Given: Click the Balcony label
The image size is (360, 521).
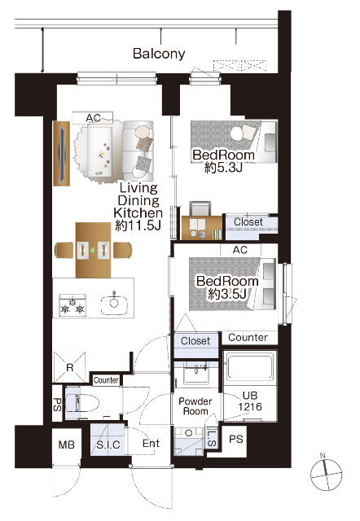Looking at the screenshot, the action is [x=159, y=54].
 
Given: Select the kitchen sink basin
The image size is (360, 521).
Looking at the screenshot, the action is [x=114, y=304].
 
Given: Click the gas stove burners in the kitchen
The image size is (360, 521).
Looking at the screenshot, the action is [x=72, y=305].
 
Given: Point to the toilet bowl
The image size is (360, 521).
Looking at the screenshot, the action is [x=82, y=404].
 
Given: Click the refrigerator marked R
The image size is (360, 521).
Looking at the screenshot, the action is [x=69, y=367].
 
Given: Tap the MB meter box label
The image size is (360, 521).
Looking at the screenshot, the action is [x=67, y=444].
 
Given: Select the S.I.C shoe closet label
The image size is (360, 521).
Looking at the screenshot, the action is [x=108, y=445].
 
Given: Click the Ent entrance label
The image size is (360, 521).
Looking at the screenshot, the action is [x=151, y=443].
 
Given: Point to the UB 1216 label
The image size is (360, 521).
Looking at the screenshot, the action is [x=250, y=401].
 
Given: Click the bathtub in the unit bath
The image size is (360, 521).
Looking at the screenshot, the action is [x=250, y=367].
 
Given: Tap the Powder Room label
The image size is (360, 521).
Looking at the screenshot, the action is [x=195, y=406].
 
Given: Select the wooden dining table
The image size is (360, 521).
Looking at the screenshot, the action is [x=93, y=250].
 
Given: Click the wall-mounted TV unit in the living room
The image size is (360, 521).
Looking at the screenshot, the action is [x=62, y=154].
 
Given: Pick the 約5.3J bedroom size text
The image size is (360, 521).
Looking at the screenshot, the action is [x=223, y=168].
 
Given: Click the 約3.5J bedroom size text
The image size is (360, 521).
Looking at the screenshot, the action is [x=227, y=294].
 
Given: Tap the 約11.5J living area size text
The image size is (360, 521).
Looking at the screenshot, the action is [x=138, y=225].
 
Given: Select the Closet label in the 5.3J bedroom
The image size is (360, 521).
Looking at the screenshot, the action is [x=248, y=222].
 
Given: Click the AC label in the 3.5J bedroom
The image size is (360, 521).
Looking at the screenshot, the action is [x=240, y=250].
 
